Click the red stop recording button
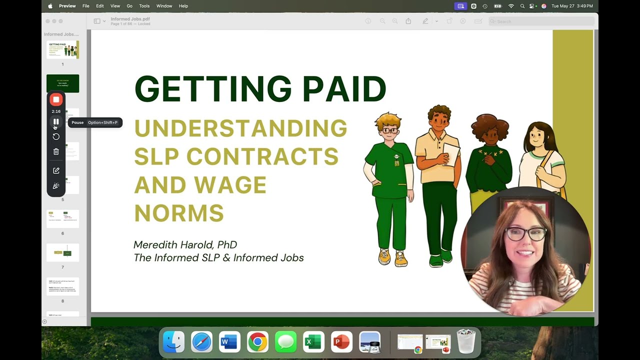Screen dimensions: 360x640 pyautogui.click(x=56, y=99)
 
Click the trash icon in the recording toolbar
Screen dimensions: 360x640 pyautogui.click(x=56, y=151)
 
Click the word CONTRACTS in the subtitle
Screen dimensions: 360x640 pyautogui.click(x=262, y=157)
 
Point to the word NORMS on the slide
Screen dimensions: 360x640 pyautogui.click(x=179, y=213)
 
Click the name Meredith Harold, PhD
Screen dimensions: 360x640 pyautogui.click(x=185, y=244)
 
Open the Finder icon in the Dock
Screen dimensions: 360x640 pyautogui.click(x=173, y=342)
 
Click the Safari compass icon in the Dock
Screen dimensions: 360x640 pyautogui.click(x=201, y=342)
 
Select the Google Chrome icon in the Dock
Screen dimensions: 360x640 pyautogui.click(x=257, y=342)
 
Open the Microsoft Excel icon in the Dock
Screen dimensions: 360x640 pyautogui.click(x=313, y=342)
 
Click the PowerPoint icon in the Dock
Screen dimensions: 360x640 pyautogui.click(x=341, y=342)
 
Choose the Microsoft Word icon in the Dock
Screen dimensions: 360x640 pyautogui.click(x=229, y=342)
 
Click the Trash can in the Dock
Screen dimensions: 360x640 pyautogui.click(x=466, y=341)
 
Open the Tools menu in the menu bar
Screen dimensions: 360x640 pyautogui.click(x=144, y=6)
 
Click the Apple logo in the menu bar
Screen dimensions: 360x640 pyautogui.click(x=50, y=6)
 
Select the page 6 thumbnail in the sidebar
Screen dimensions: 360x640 pyautogui.click(x=62, y=218)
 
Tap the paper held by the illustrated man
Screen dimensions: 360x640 pyautogui.click(x=451, y=153)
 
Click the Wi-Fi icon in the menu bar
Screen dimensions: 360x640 pyautogui.click(x=511, y=6)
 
